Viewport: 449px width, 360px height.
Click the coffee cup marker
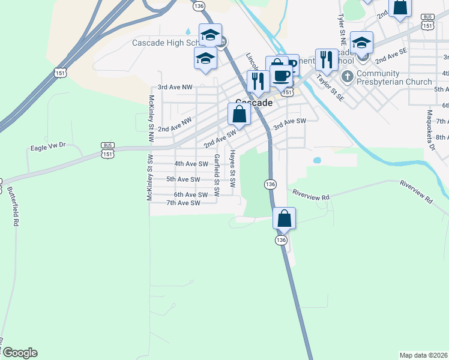281,76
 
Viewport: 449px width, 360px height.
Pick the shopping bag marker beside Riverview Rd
285,219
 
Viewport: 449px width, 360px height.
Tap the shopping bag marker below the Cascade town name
239,115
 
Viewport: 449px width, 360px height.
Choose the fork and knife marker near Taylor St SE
326,60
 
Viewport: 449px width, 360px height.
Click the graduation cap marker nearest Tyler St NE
361,44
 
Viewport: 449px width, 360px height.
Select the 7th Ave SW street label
183,203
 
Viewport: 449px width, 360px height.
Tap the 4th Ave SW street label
191,164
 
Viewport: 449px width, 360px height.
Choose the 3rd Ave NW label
175,88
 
